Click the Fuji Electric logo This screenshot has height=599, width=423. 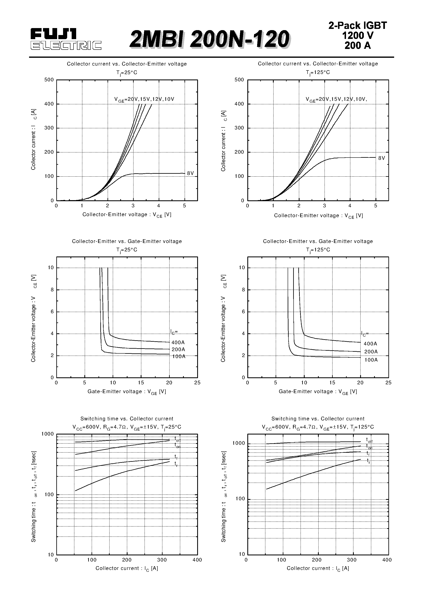coord(66,39)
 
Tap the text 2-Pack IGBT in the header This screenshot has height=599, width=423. coord(357,26)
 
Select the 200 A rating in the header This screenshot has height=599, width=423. coord(357,46)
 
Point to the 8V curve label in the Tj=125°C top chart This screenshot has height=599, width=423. coord(381,158)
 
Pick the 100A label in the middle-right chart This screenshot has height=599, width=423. coord(371,360)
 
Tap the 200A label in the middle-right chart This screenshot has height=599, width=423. coord(371,352)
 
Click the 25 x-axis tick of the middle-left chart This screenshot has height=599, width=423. coord(197,383)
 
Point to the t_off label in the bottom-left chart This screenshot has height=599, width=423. coord(177,439)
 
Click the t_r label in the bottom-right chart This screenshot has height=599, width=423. coord(369,461)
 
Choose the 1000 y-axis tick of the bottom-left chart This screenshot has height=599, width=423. coord(48,434)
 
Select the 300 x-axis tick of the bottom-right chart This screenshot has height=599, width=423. coord(352,560)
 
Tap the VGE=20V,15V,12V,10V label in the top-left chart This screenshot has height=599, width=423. coord(144,99)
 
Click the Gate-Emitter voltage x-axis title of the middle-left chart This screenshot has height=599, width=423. coord(127,392)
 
